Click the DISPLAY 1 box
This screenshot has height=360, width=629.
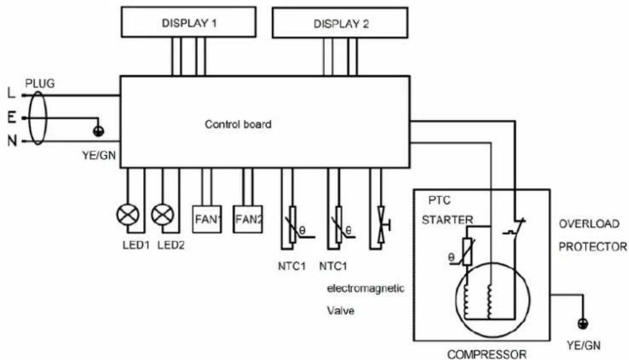coord(188,22)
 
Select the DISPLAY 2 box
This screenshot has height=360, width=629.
coord(340,23)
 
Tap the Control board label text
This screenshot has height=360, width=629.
coord(238,124)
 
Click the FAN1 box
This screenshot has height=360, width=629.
coord(207,220)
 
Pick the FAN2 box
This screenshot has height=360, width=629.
coord(248,220)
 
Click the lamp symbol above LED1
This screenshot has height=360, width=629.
coord(128,215)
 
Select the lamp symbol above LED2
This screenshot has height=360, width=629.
coord(162,215)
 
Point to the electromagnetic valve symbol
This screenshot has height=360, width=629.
coord(382,225)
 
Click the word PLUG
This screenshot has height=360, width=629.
coord(40,84)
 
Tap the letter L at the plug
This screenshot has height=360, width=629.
coord(11,94)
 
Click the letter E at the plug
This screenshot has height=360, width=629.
coord(11,118)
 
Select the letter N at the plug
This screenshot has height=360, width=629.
coord(12,141)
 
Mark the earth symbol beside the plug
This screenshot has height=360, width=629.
coord(98,131)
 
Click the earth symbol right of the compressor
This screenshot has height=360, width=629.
coord(582,324)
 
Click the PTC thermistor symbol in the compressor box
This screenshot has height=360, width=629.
coord(467,251)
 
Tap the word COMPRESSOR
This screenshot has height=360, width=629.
coord(487,354)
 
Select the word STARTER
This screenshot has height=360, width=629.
coord(447,220)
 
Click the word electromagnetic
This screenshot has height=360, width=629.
coord(366,289)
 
